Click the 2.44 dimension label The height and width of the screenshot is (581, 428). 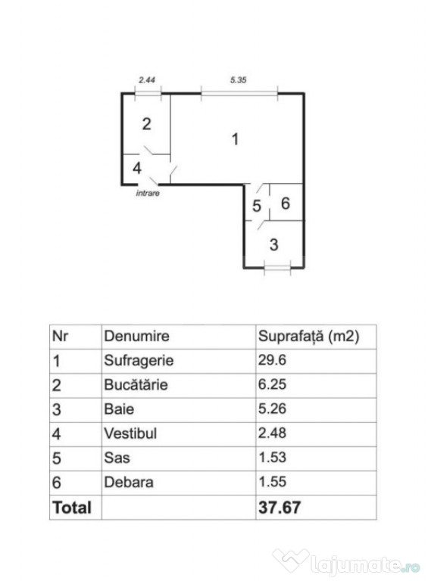[x=147, y=79]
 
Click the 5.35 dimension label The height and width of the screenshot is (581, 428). [x=238, y=79]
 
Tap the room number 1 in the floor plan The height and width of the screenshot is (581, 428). [x=235, y=139]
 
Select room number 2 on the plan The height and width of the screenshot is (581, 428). [x=146, y=124]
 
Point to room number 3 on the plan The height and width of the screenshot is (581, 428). [x=273, y=244]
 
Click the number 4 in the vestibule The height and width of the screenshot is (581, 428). [x=137, y=168]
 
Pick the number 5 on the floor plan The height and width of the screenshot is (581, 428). [x=257, y=206]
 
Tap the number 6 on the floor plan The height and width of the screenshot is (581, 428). [x=286, y=203]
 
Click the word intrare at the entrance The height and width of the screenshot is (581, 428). [x=148, y=193]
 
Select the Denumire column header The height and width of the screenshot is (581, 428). [x=136, y=336]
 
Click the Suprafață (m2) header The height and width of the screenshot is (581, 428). [x=308, y=337]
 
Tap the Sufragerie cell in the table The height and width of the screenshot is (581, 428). [x=139, y=361]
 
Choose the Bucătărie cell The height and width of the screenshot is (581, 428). [x=136, y=384]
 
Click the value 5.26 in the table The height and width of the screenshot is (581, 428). [x=272, y=409]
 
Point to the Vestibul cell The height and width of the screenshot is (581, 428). [x=130, y=433]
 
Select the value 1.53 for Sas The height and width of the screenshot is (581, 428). [x=272, y=457]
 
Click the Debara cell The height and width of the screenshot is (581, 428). [x=128, y=482]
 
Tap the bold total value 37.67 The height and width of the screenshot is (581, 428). [x=280, y=508]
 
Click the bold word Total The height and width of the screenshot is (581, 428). [x=72, y=508]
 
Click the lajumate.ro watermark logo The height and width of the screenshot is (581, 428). [x=346, y=563]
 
